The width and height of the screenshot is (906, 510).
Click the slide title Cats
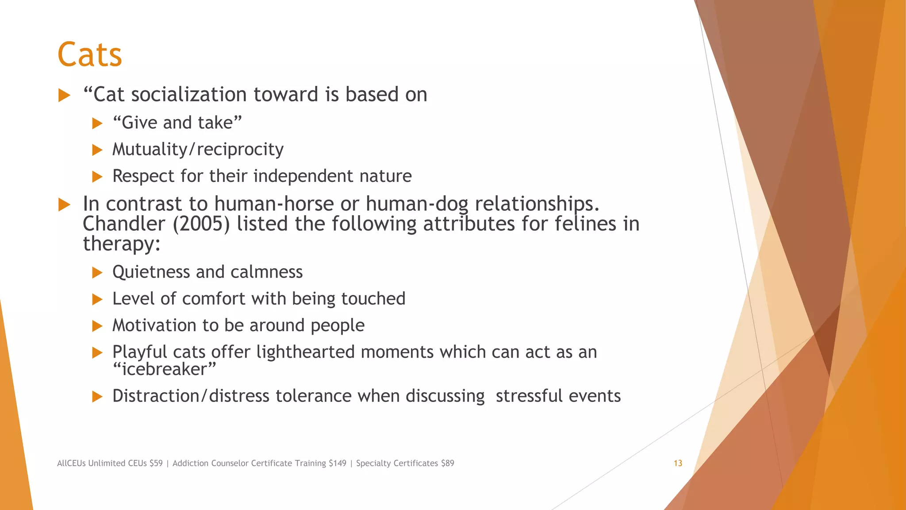click(x=90, y=55)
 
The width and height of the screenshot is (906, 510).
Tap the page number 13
click(x=678, y=463)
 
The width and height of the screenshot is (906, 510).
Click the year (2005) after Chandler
click(x=201, y=224)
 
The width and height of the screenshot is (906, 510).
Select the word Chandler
click(x=124, y=224)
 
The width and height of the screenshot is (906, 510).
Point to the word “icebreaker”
click(x=165, y=369)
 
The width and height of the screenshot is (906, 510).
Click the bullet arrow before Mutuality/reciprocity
click(x=97, y=150)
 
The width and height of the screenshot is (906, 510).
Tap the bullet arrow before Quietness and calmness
click(x=97, y=273)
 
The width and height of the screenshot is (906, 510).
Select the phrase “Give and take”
click(x=177, y=123)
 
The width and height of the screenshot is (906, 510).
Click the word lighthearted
click(x=306, y=352)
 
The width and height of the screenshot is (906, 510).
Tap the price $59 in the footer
click(x=156, y=463)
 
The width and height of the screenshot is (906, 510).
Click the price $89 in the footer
click(x=448, y=463)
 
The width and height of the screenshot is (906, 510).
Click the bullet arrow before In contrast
click(x=65, y=205)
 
